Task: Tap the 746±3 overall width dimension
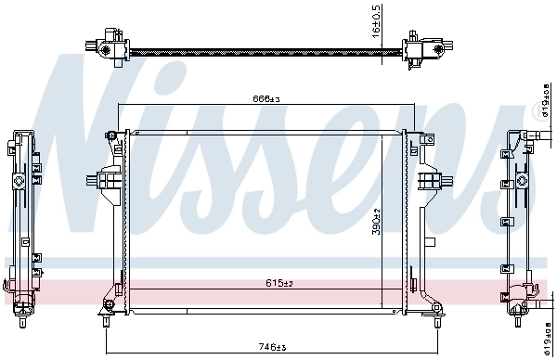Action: (x=270, y=346)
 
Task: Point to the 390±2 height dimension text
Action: (x=377, y=221)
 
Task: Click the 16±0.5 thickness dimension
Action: (x=376, y=21)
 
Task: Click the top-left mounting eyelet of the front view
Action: (x=113, y=135)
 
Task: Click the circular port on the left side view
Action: (x=19, y=177)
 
